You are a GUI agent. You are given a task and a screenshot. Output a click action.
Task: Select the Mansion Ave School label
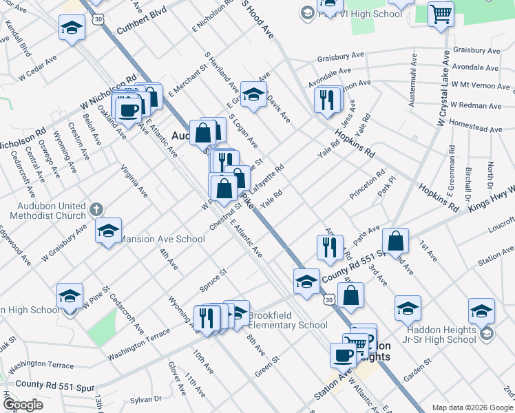pyautogui.click(x=162, y=239)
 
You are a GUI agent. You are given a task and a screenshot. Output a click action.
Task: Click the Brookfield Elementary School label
pyautogui.click(x=287, y=320)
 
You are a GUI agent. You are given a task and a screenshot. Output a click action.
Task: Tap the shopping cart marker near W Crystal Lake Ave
pyautogui.click(x=440, y=14)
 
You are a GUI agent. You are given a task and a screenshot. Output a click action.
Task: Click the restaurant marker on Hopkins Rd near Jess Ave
pyautogui.click(x=327, y=99)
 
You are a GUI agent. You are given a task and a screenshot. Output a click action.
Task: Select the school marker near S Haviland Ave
pyautogui.click(x=253, y=96)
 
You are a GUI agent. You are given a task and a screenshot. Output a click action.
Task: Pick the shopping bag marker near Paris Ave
pyautogui.click(x=395, y=241)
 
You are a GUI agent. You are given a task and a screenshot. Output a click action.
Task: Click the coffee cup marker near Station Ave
pyautogui.click(x=343, y=355)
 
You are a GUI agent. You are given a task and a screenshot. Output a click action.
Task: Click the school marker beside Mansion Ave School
pyautogui.click(x=108, y=231)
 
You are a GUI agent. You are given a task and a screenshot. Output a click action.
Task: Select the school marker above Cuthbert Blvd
pyautogui.click(x=72, y=28)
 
